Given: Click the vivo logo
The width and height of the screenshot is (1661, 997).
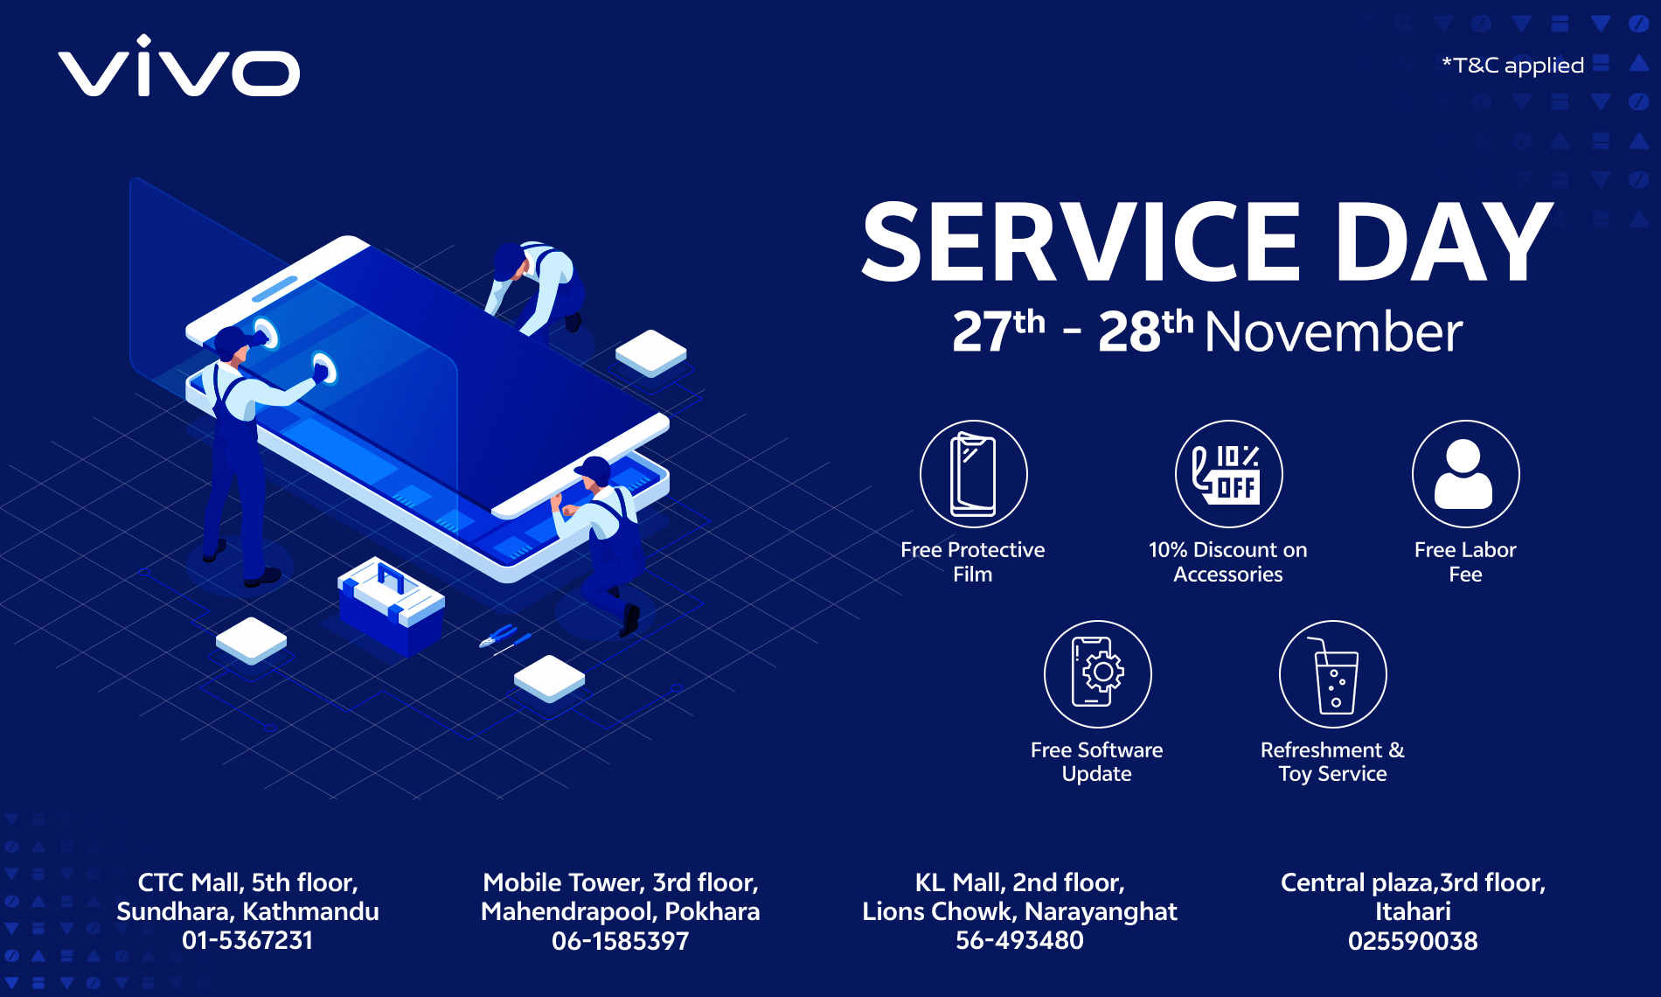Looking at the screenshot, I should pyautogui.click(x=179, y=66).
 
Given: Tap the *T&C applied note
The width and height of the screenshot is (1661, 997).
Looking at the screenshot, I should pyautogui.click(x=1512, y=66).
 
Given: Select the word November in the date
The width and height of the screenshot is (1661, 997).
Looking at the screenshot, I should pyautogui.click(x=1333, y=333).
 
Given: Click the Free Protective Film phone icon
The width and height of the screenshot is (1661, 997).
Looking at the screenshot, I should pyautogui.click(x=973, y=474).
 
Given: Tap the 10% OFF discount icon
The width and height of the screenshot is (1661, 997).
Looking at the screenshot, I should pyautogui.click(x=1228, y=474).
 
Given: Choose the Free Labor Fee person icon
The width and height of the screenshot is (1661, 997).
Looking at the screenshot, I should pyautogui.click(x=1465, y=474).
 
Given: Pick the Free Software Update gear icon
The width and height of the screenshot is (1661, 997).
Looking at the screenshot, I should pyautogui.click(x=1097, y=673).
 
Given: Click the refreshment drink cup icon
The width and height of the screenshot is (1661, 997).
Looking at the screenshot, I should pyautogui.click(x=1333, y=673).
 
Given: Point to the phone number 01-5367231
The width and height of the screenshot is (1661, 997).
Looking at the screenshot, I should pyautogui.click(x=247, y=941).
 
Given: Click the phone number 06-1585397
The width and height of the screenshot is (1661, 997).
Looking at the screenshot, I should pyautogui.click(x=620, y=941).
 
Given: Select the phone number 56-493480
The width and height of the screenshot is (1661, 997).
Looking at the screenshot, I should pyautogui.click(x=1019, y=941).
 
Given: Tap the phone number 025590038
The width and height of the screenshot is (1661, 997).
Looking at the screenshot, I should pyautogui.click(x=1413, y=941).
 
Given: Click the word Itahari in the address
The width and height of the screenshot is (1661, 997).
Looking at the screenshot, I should pyautogui.click(x=1413, y=911).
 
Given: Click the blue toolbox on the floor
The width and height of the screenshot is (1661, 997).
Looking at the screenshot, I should pyautogui.click(x=391, y=603).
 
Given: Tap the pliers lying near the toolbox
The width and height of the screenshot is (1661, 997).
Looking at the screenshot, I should pyautogui.click(x=502, y=636).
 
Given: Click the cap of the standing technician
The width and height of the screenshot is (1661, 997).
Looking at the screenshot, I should pyautogui.click(x=233, y=339).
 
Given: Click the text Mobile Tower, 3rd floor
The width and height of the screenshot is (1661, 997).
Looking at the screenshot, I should pyautogui.click(x=620, y=882).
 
